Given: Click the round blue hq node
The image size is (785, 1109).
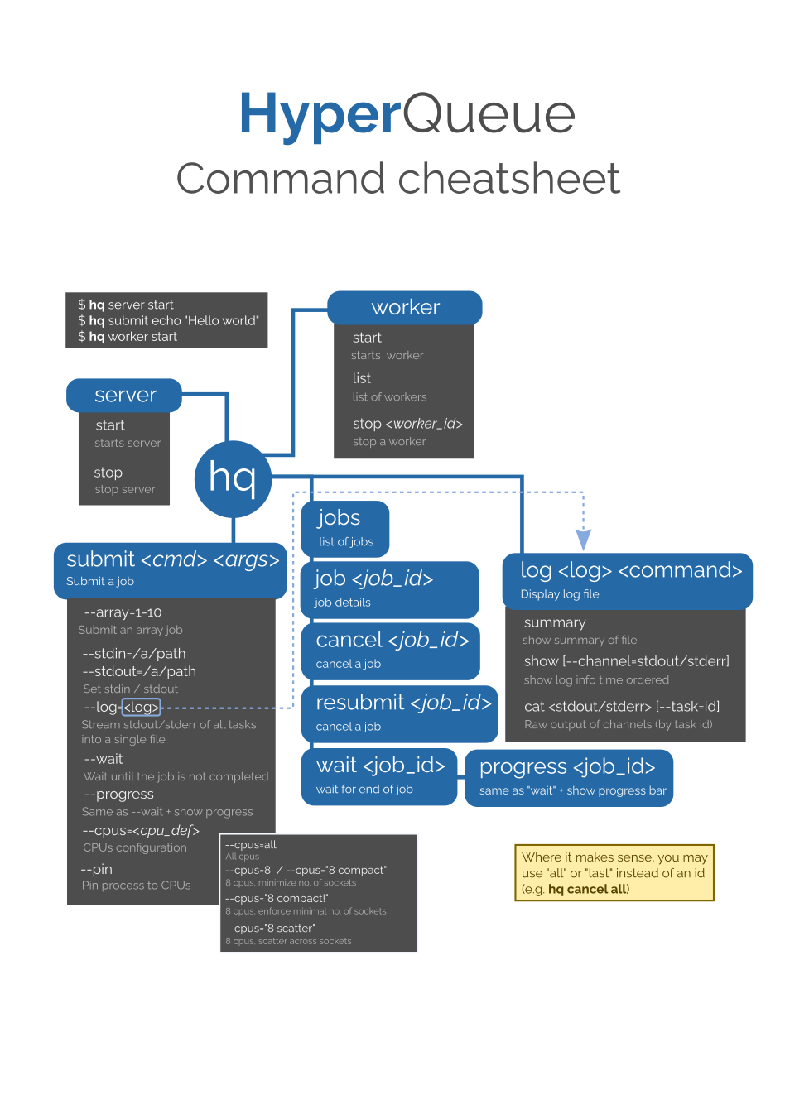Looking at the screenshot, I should pyautogui.click(x=233, y=479).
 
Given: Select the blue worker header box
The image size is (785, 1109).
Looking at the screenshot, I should pyautogui.click(x=405, y=308).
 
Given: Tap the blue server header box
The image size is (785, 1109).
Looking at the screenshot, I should pyautogui.click(x=124, y=396).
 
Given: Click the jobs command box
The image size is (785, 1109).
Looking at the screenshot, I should pyautogui.click(x=344, y=528).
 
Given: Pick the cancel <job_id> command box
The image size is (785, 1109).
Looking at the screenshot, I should pyautogui.click(x=391, y=651).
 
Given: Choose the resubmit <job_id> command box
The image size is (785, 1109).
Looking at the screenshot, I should pyautogui.click(x=400, y=713).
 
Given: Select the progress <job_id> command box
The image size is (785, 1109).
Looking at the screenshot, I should pyautogui.click(x=569, y=777).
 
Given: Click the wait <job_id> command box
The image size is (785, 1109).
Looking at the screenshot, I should pyautogui.click(x=379, y=775).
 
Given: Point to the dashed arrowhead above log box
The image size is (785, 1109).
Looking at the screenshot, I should pyautogui.click(x=583, y=540).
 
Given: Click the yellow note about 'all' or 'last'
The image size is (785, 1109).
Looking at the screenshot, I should pyautogui.click(x=614, y=872).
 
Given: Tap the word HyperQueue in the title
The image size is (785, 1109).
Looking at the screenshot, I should pyautogui.click(x=407, y=114).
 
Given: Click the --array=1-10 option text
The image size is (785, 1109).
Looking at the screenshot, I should pyautogui.click(x=123, y=612).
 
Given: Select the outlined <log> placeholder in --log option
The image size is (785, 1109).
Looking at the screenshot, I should pyautogui.click(x=141, y=707).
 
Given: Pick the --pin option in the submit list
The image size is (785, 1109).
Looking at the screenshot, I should pyautogui.click(x=97, y=869).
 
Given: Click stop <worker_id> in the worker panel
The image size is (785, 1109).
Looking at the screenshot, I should pyautogui.click(x=407, y=424).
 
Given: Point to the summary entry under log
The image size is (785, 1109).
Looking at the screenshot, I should pyautogui.click(x=555, y=622).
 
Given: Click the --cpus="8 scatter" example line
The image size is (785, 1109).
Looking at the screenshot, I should pyautogui.click(x=270, y=928).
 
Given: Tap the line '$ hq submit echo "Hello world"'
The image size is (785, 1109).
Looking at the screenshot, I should pyautogui.click(x=168, y=320).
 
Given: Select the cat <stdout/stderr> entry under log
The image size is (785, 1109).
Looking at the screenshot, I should pyautogui.click(x=621, y=706).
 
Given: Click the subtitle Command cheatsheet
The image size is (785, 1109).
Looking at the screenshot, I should pyautogui.click(x=398, y=179).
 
